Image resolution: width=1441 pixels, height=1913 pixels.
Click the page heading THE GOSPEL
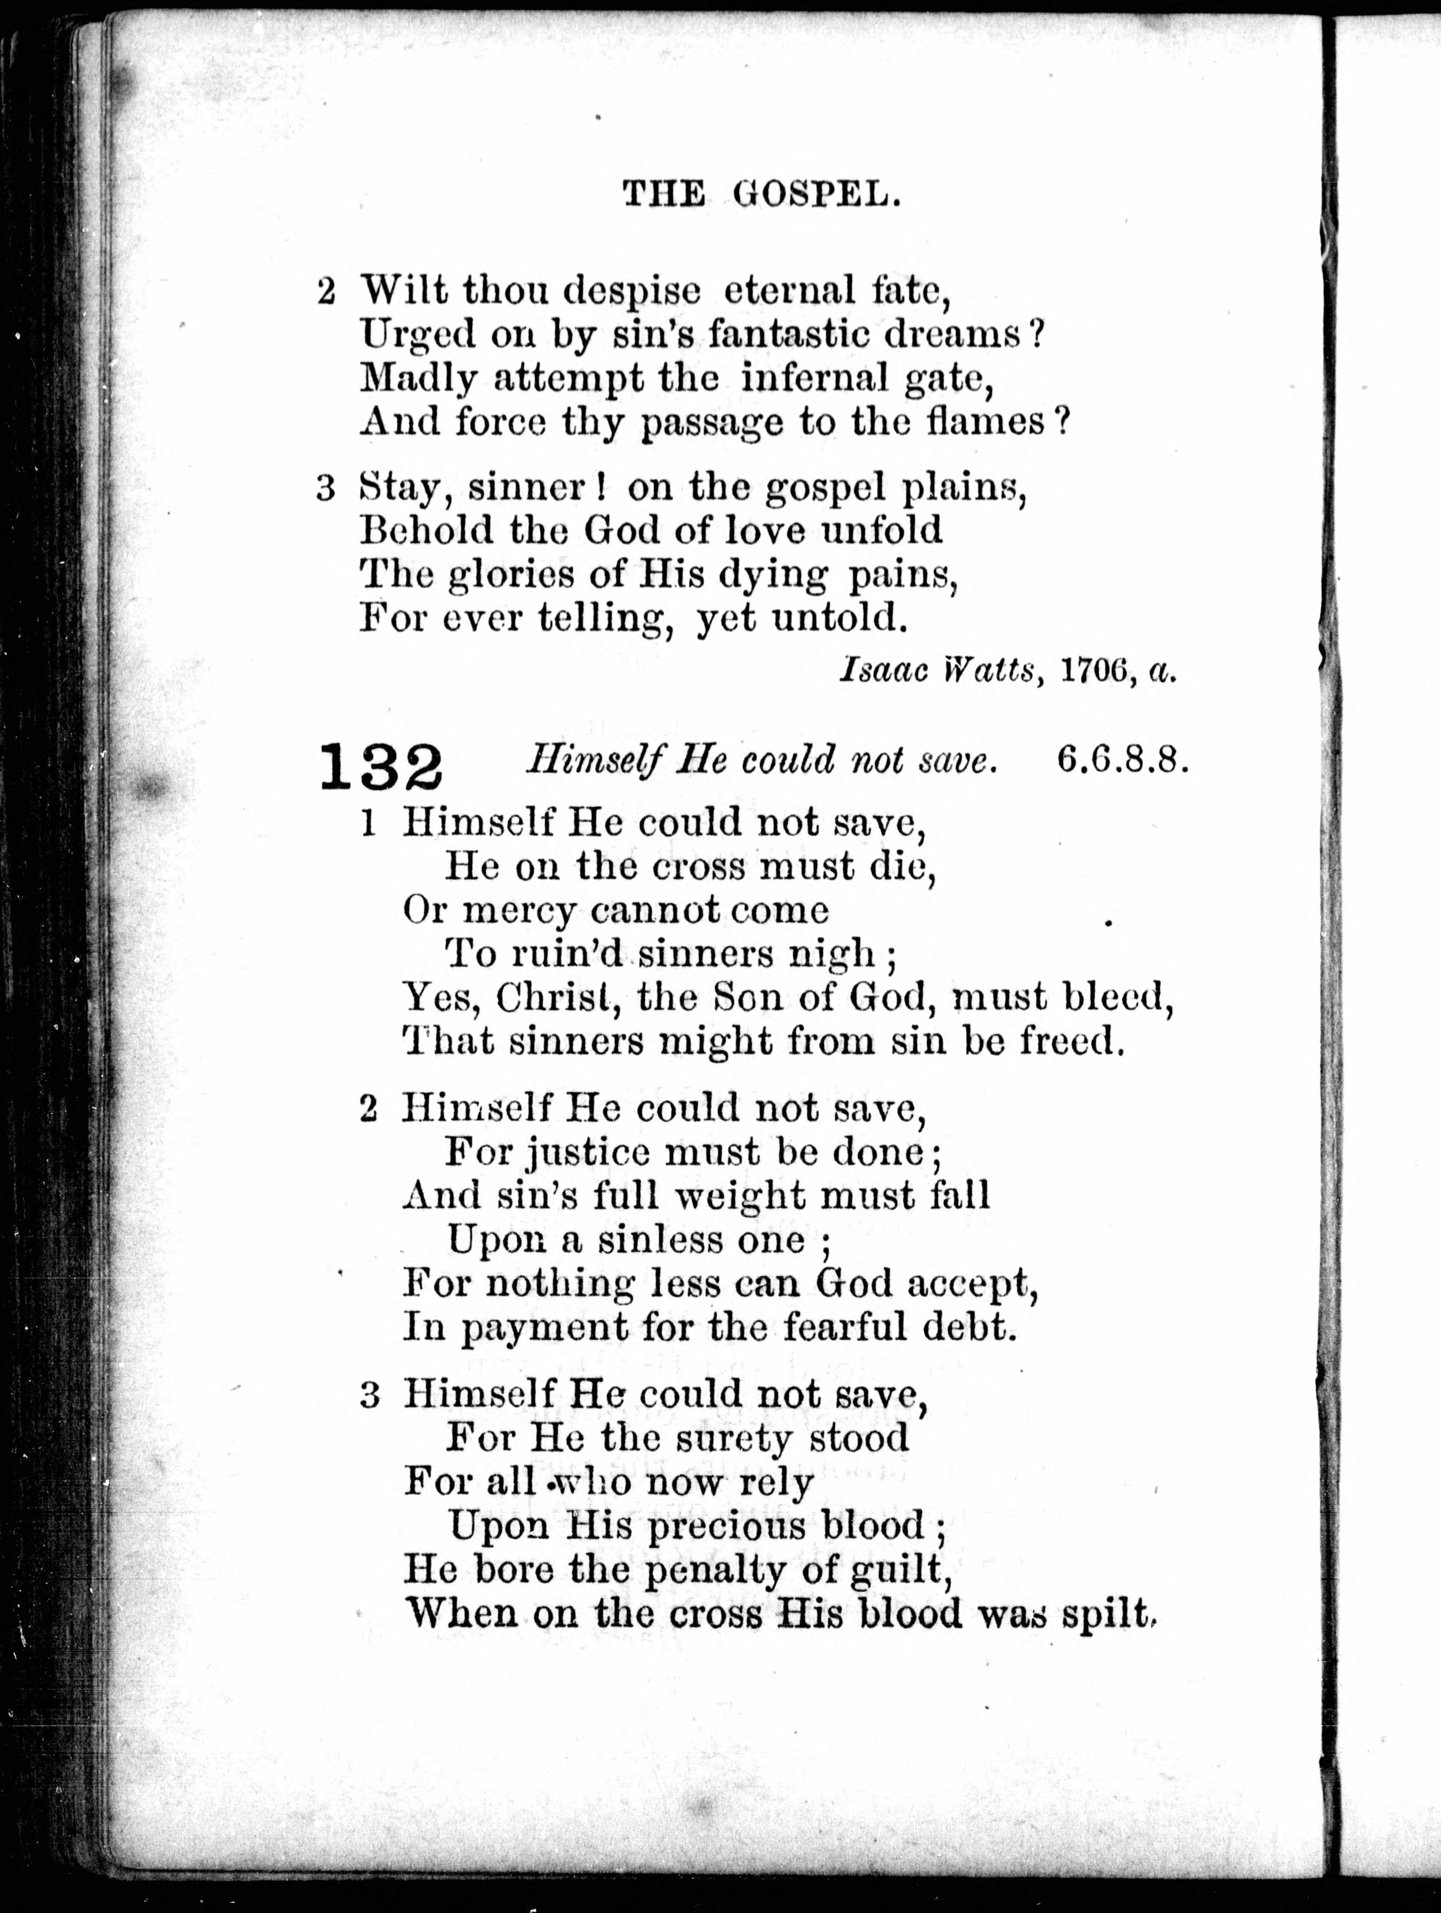[x=763, y=196]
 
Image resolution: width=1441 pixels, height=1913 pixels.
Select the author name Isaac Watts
[x=938, y=671]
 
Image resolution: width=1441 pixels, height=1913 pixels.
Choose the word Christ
[x=553, y=999]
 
